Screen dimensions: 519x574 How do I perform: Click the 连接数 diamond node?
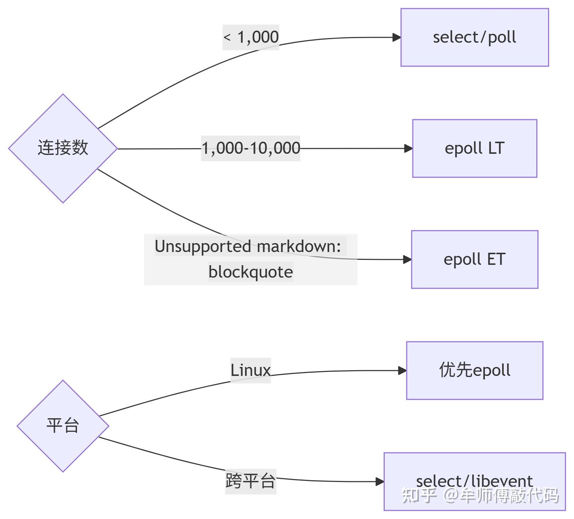click(x=63, y=148)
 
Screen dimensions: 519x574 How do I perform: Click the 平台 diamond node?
click(x=63, y=426)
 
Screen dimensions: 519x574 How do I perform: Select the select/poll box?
click(x=474, y=37)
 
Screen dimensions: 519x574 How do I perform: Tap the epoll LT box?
click(x=474, y=148)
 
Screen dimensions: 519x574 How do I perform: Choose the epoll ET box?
click(x=474, y=259)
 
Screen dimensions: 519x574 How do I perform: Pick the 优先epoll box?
click(x=474, y=370)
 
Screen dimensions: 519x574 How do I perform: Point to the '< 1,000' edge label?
click(x=251, y=37)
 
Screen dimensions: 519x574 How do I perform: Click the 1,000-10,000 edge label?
click(x=251, y=148)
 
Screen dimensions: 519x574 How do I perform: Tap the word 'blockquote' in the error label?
click(x=251, y=272)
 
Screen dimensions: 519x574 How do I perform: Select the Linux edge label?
click(x=251, y=370)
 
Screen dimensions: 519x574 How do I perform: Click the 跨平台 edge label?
click(x=251, y=481)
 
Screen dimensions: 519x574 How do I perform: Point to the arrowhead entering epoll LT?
click(x=408, y=148)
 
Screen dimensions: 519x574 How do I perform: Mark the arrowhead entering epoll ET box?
click(x=407, y=259)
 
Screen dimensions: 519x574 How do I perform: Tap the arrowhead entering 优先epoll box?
click(x=402, y=371)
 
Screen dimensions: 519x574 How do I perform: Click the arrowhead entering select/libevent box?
click(x=380, y=482)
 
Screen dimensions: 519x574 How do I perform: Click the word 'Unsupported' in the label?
click(x=203, y=246)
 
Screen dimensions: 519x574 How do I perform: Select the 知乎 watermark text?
click(x=419, y=496)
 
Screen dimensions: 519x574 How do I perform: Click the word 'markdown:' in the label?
click(x=299, y=246)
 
